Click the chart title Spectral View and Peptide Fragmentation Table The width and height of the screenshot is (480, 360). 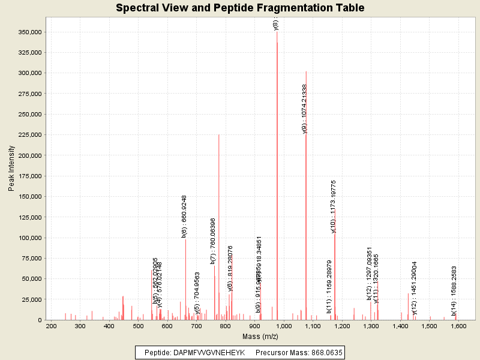coord(240,8)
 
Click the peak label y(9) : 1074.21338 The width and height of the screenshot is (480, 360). coord(305,109)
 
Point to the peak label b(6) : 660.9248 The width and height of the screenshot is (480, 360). coord(184,216)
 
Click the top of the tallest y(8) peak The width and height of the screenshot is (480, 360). coord(277,32)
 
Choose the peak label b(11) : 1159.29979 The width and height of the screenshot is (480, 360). coord(329,287)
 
